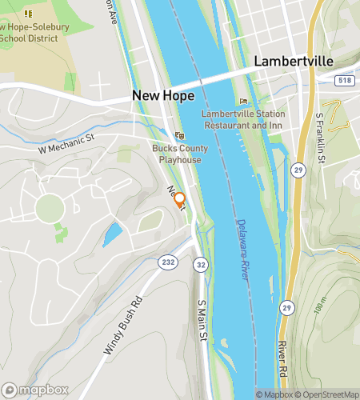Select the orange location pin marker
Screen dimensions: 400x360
[180, 199]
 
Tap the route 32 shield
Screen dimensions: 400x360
[201, 265]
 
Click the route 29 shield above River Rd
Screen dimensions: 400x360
[286, 307]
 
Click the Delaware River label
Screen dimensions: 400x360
[242, 249]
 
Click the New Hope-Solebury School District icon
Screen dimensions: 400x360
[29, 14]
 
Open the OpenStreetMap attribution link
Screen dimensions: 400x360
[329, 394]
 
